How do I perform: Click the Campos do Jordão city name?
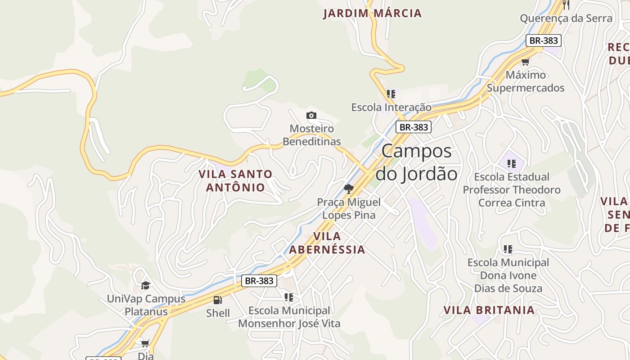click(x=416, y=162)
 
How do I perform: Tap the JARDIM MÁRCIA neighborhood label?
click(x=372, y=13)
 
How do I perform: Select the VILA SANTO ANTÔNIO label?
click(x=235, y=180)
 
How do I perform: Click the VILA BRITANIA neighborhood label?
click(x=489, y=310)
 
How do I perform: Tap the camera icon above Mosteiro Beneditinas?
click(x=311, y=116)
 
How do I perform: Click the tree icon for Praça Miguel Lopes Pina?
click(x=348, y=189)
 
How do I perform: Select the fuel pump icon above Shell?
click(x=217, y=300)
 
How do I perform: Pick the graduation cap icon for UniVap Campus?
click(x=145, y=285)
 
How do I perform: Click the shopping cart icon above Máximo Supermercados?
click(x=525, y=62)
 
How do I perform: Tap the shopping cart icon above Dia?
click(x=145, y=344)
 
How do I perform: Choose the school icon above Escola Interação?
click(x=391, y=94)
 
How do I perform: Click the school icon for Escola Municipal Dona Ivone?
click(x=508, y=249)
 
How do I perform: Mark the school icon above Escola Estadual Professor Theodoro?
click(x=511, y=163)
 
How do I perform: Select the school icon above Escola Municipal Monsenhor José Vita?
click(x=289, y=297)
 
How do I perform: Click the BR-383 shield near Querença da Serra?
click(x=544, y=40)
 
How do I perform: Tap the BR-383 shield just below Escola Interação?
click(x=414, y=127)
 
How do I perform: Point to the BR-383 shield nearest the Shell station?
click(x=259, y=281)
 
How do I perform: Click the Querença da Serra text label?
click(x=566, y=18)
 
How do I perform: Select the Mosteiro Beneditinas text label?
click(x=311, y=135)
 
